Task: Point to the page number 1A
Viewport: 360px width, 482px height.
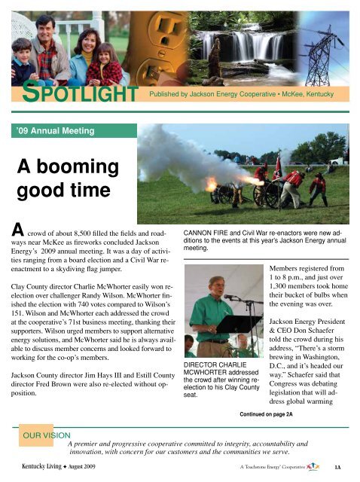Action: click(x=338, y=467)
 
